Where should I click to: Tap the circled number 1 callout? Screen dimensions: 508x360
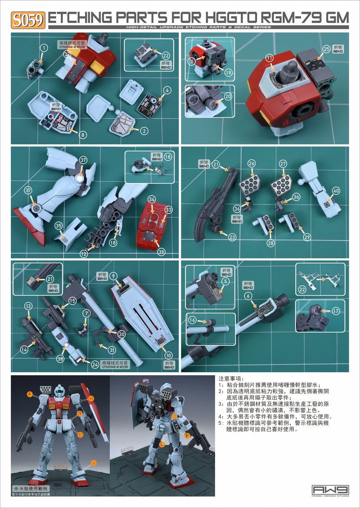tap(44, 48)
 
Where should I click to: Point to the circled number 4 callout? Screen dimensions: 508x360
tap(167, 90)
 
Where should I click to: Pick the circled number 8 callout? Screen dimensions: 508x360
tap(83, 134)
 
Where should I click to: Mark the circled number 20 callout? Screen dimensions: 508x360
tap(228, 96)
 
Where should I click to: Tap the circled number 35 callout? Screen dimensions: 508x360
tap(58, 225)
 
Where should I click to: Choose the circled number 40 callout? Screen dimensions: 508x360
tap(336, 191)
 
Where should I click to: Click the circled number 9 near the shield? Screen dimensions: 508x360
tap(114, 276)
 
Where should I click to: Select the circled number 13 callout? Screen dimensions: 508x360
tap(28, 306)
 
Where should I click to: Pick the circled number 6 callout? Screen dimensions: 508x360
tap(260, 295)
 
